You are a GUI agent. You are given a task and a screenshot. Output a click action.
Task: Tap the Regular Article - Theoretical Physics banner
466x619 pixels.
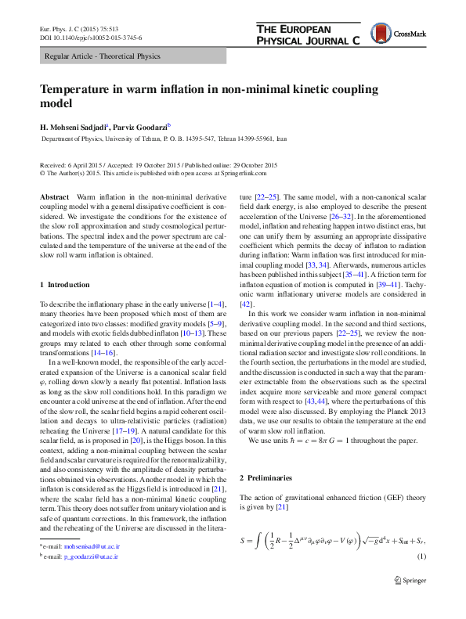[102, 56]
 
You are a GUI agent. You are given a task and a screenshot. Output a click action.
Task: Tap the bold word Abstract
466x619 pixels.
[55, 193]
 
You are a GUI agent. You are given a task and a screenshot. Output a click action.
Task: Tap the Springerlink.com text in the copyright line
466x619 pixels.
[252, 174]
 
